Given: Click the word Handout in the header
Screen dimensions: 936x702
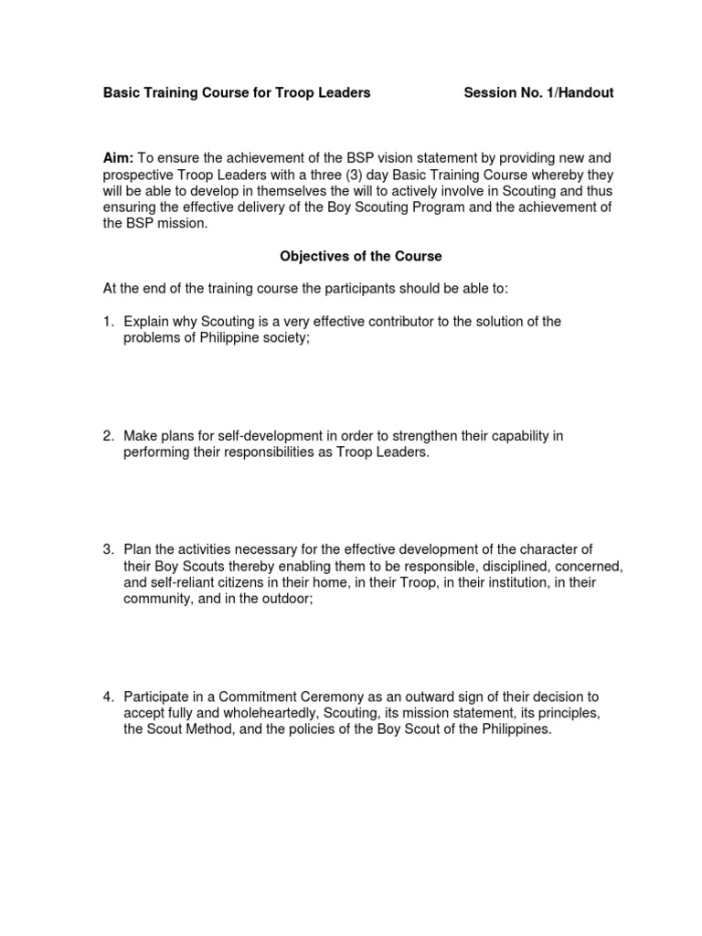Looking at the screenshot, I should (586, 93).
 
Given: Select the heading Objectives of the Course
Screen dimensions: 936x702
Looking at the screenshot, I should (360, 257).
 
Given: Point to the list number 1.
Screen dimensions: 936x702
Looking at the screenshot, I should (107, 321).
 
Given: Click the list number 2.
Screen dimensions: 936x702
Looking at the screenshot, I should (107, 436).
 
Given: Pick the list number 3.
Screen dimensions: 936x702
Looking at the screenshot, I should (107, 549).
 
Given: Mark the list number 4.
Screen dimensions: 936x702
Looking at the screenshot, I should (107, 697).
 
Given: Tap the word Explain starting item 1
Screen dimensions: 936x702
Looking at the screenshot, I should (147, 321).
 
